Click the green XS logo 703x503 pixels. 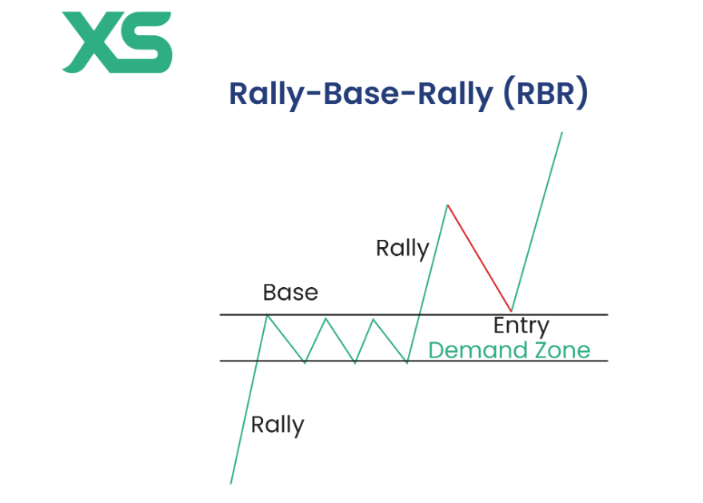coord(117,42)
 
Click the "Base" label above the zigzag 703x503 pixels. coord(290,293)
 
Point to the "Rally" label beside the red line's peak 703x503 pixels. coord(402,249)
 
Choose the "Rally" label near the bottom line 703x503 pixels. coord(278,424)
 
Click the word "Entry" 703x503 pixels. coord(521,326)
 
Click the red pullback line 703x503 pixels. coord(480,258)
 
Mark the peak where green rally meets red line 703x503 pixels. coord(447,206)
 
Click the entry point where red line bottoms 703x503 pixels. coord(511,311)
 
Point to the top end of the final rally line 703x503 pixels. coord(562,132)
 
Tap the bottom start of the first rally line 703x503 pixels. coord(231,482)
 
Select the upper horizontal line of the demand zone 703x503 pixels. coord(560,315)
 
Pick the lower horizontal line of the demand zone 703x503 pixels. coord(560,361)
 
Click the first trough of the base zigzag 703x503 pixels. coord(305,362)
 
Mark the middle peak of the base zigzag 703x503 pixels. coord(326,318)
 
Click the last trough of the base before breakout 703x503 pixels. coord(407,362)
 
